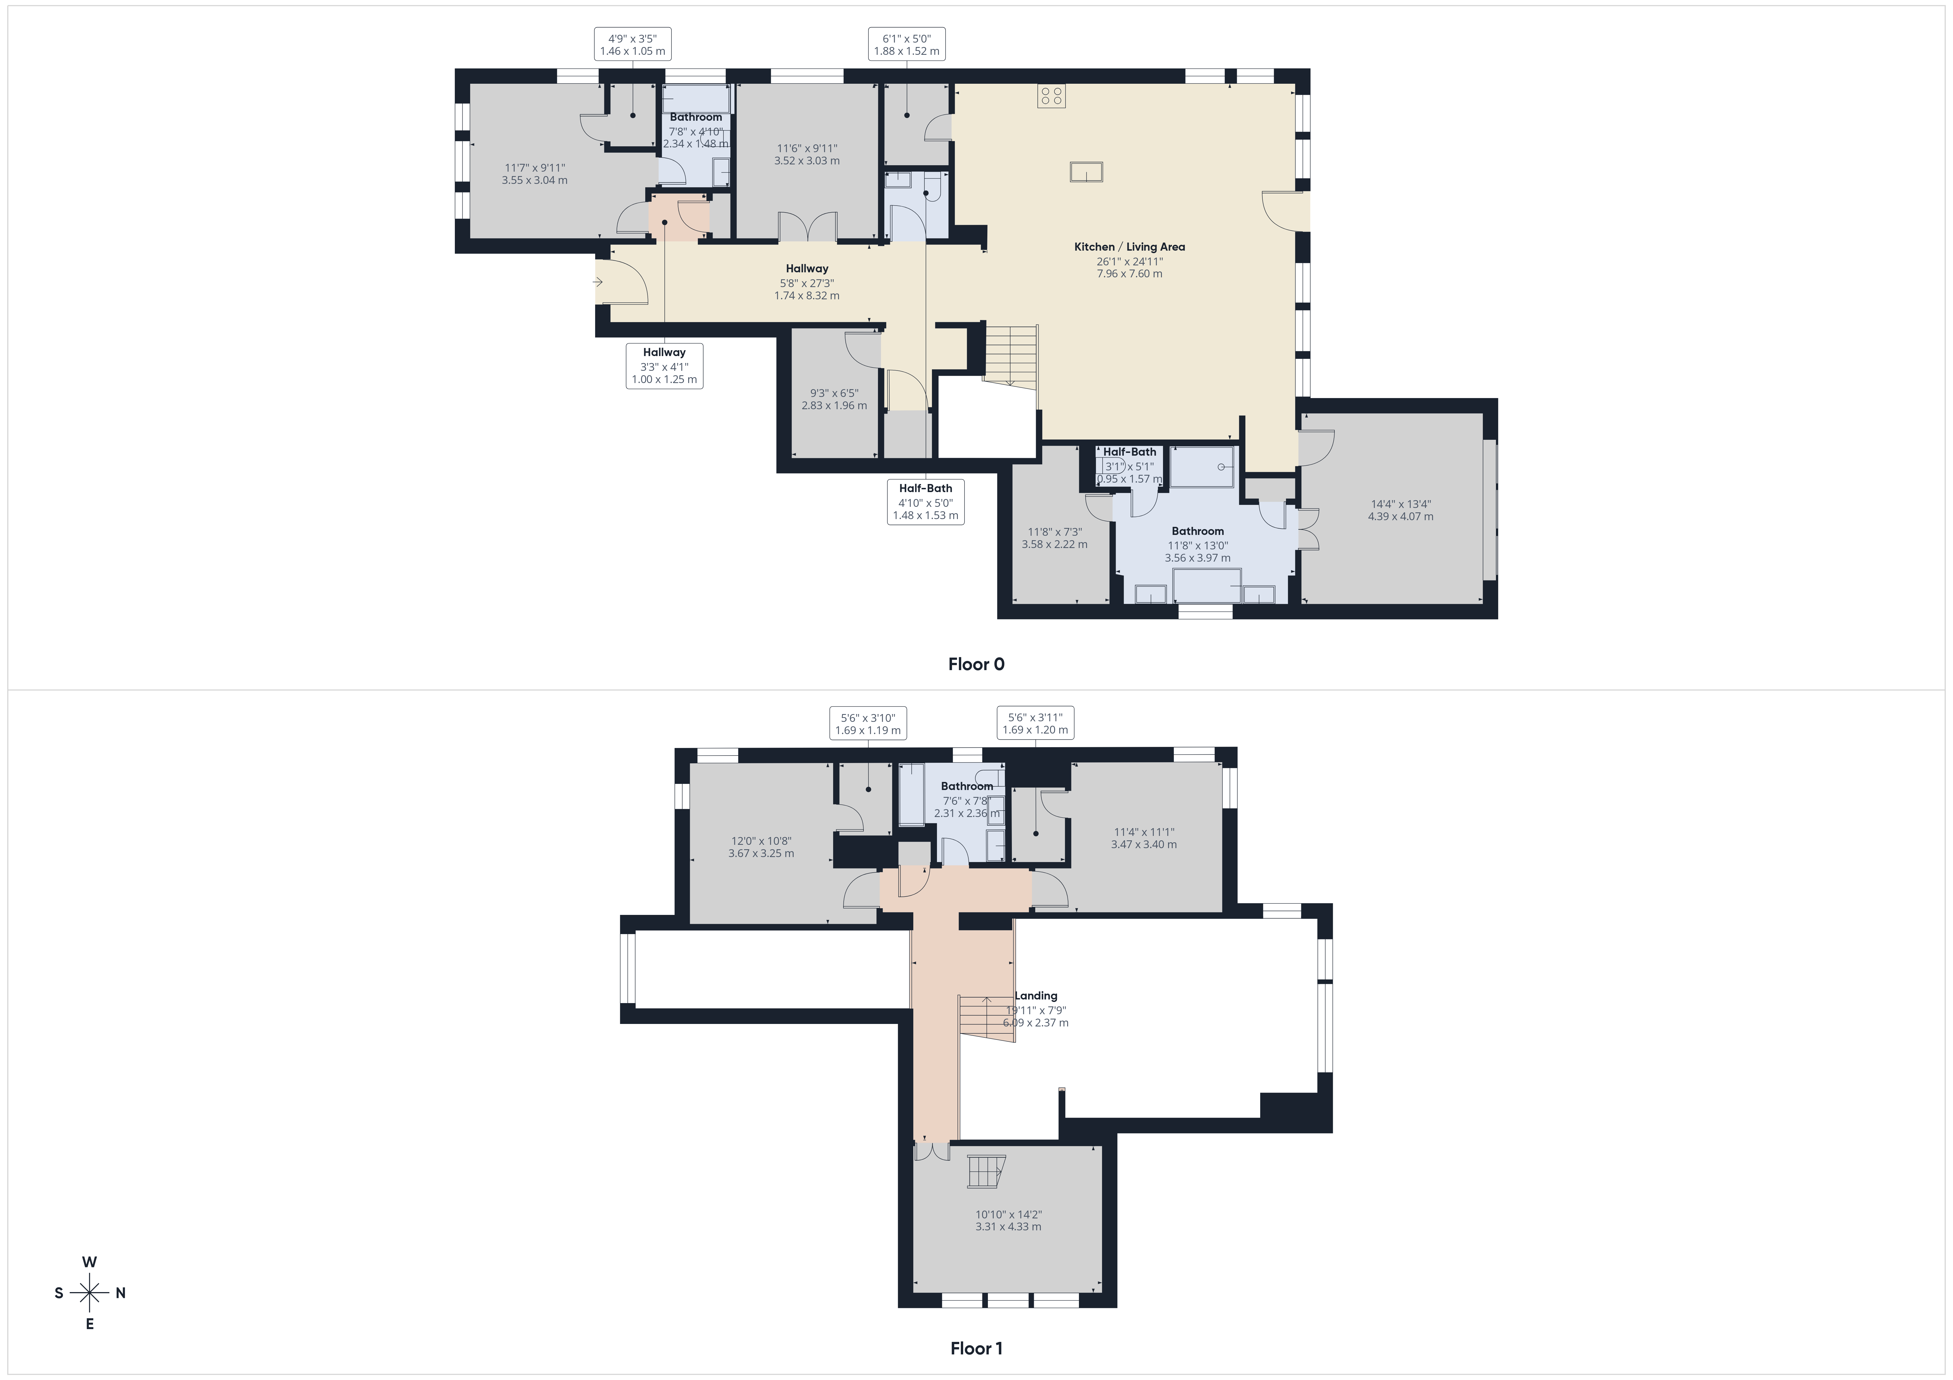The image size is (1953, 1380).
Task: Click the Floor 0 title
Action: [x=976, y=664]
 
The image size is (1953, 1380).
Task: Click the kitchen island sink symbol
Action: [x=1086, y=172]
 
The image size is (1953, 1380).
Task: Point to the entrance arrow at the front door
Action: [x=598, y=282]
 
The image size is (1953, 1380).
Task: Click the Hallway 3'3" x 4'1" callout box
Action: [x=664, y=366]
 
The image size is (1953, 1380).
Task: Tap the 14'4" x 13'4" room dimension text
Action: [x=1400, y=510]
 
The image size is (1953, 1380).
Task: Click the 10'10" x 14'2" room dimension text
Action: [x=1008, y=1221]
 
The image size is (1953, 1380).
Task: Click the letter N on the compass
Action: [x=121, y=1293]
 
